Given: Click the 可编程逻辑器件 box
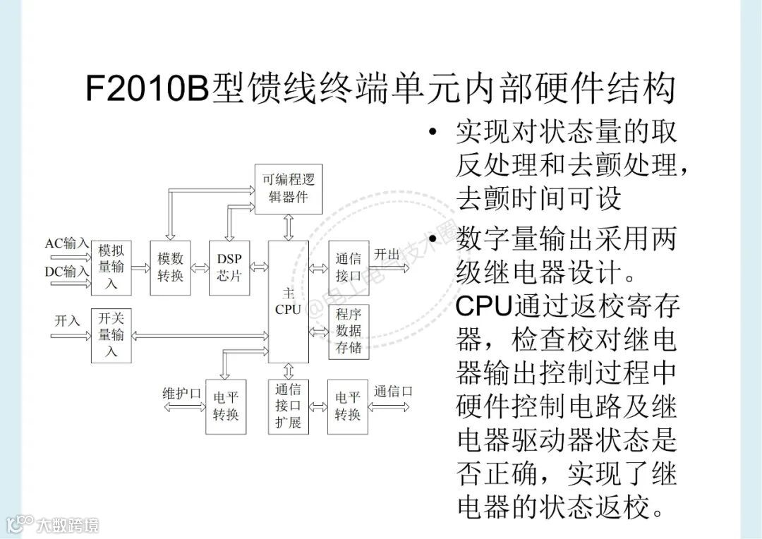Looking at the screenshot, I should [288, 188].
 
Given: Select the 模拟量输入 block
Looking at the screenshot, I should [111, 267].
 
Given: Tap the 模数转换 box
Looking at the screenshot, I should [170, 267].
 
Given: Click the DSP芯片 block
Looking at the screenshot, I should [229, 267].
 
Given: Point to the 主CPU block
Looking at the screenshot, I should [288, 301].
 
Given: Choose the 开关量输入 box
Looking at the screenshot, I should [111, 335].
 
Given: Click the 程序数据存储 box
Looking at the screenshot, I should [349, 331].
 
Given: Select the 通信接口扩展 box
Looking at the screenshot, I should [288, 406].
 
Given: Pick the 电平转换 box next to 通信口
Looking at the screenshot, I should [349, 406].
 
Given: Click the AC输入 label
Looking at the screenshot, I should [67, 243].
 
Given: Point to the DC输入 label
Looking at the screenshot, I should [67, 271].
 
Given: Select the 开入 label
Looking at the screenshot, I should [68, 320].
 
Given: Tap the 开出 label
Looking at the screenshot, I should [387, 254].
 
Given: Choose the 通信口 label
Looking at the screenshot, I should [393, 392].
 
